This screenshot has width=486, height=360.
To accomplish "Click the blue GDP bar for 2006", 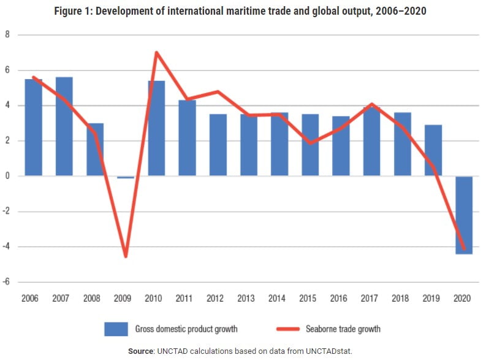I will tap(34, 128).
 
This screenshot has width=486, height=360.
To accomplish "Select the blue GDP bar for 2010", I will tap(156, 129).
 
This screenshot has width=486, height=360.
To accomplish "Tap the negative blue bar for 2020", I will tap(463, 215).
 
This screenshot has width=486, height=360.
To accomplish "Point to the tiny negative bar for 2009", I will tap(126, 177).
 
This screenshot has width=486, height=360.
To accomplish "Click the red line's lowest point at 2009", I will tap(126, 256).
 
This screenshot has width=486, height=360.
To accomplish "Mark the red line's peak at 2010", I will tap(156, 53).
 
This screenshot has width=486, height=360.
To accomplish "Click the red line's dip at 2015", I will tap(309, 143).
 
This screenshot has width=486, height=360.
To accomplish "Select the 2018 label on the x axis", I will tap(401, 298).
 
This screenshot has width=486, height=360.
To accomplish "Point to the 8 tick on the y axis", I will tap(7, 35).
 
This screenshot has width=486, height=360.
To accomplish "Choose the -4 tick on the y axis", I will tap(7, 247).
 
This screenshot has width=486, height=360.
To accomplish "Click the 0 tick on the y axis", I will tap(7, 177).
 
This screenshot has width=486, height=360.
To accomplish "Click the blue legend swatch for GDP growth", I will tap(116, 329).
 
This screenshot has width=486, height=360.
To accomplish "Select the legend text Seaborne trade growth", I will tap(343, 329).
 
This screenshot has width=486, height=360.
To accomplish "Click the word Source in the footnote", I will tap(142, 351).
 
